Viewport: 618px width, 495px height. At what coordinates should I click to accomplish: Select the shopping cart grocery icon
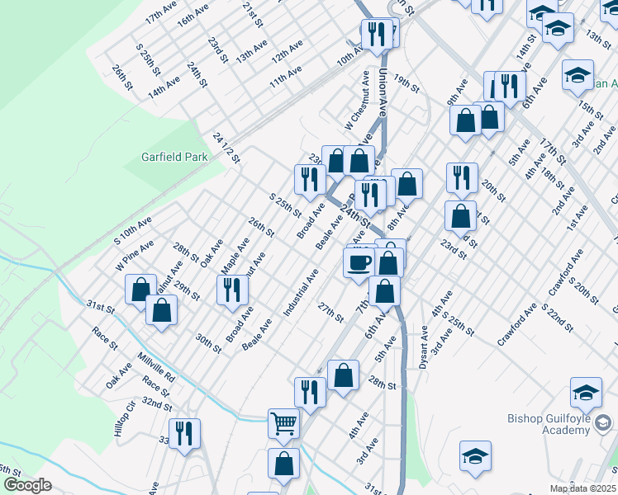[283, 423]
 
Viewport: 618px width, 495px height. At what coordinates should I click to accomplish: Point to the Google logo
[27, 485]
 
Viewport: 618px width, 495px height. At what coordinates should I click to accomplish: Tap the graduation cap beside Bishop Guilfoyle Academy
[586, 393]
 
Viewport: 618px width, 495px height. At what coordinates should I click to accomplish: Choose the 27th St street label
[330, 313]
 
